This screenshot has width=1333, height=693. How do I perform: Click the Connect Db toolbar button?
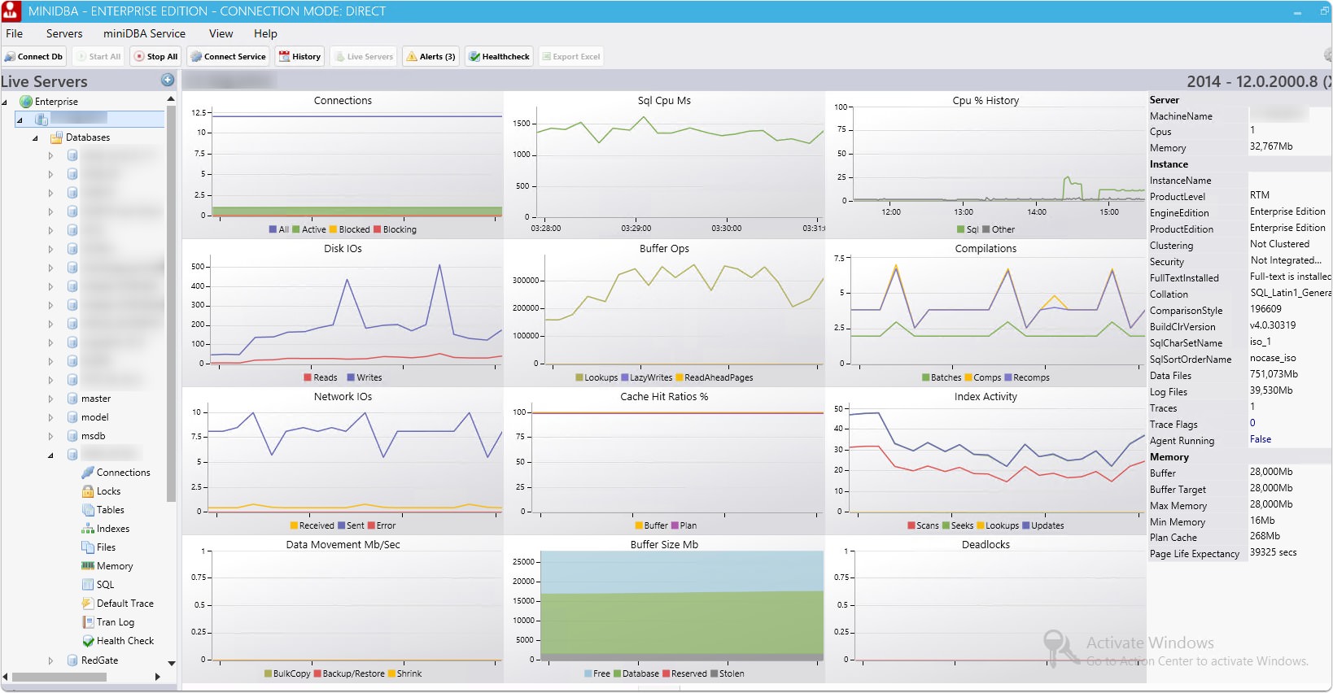click(33, 57)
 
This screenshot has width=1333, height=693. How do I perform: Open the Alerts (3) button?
click(431, 57)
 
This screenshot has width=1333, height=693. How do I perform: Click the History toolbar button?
click(300, 57)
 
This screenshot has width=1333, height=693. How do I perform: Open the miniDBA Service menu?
click(144, 33)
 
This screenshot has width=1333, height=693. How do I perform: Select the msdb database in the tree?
click(93, 436)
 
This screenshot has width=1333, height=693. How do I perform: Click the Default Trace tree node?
click(125, 604)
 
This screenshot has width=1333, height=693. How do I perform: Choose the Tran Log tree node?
click(115, 622)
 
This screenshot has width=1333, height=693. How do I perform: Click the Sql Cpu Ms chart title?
click(664, 101)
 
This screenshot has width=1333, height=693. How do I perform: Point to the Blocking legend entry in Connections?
click(399, 229)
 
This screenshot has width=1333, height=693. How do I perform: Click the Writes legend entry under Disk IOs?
click(369, 377)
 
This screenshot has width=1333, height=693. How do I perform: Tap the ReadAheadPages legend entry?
click(718, 377)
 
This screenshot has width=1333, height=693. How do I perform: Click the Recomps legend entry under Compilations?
click(1030, 377)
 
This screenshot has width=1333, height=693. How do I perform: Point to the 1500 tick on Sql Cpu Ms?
click(521, 124)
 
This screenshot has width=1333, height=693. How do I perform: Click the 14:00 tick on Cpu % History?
click(1036, 212)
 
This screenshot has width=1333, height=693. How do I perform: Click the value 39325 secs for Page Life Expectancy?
click(1273, 553)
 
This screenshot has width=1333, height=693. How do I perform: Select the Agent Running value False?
click(1260, 439)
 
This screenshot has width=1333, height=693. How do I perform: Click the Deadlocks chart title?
click(985, 545)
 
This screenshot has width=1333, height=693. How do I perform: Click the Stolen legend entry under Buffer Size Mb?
click(731, 673)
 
